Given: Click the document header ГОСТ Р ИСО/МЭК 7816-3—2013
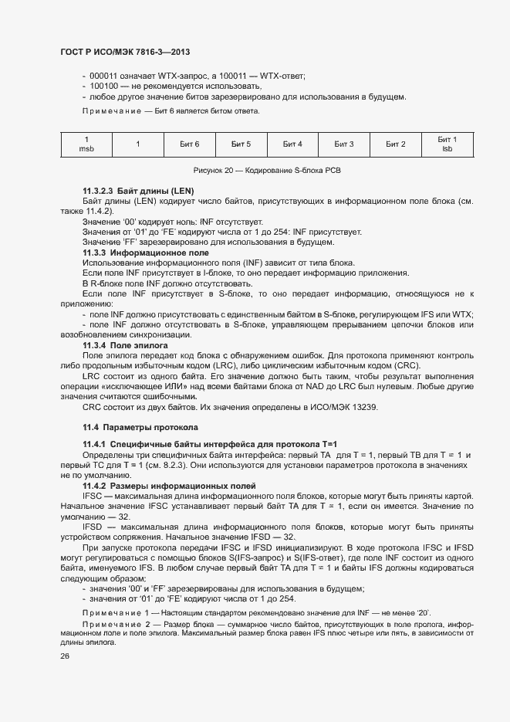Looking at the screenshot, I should coord(125,52).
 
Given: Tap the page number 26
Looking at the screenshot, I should coord(65,656).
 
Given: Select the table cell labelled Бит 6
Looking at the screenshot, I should coord(189,144).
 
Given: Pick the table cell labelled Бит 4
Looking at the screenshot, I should coord(292,144).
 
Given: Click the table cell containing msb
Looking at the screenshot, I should coord(86,144).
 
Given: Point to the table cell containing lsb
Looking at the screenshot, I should coord(447,144).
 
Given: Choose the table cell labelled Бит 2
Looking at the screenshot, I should coord(395,144).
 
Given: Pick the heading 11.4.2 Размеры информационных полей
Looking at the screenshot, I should coord(167,486).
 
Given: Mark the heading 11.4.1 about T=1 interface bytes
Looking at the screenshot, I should coord(177,445).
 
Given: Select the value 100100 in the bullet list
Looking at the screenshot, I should coord(103,86).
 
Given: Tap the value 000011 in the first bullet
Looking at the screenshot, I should coord(103,75).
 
